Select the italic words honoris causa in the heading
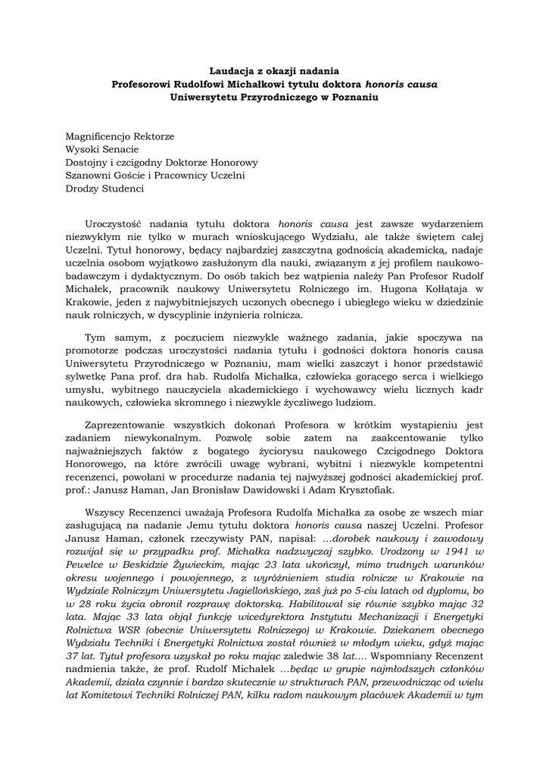click(401, 84)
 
